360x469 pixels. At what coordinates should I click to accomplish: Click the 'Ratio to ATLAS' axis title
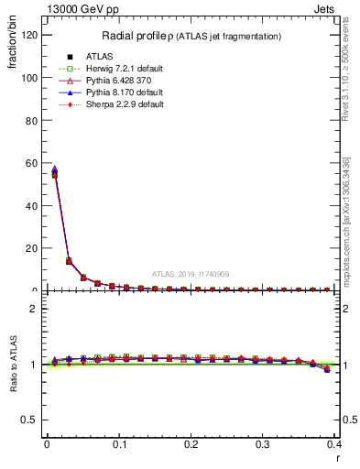point(13,365)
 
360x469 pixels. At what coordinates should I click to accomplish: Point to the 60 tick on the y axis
point(32,163)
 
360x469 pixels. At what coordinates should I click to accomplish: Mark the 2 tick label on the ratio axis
point(36,309)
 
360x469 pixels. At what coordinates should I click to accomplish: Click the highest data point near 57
point(54,169)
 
